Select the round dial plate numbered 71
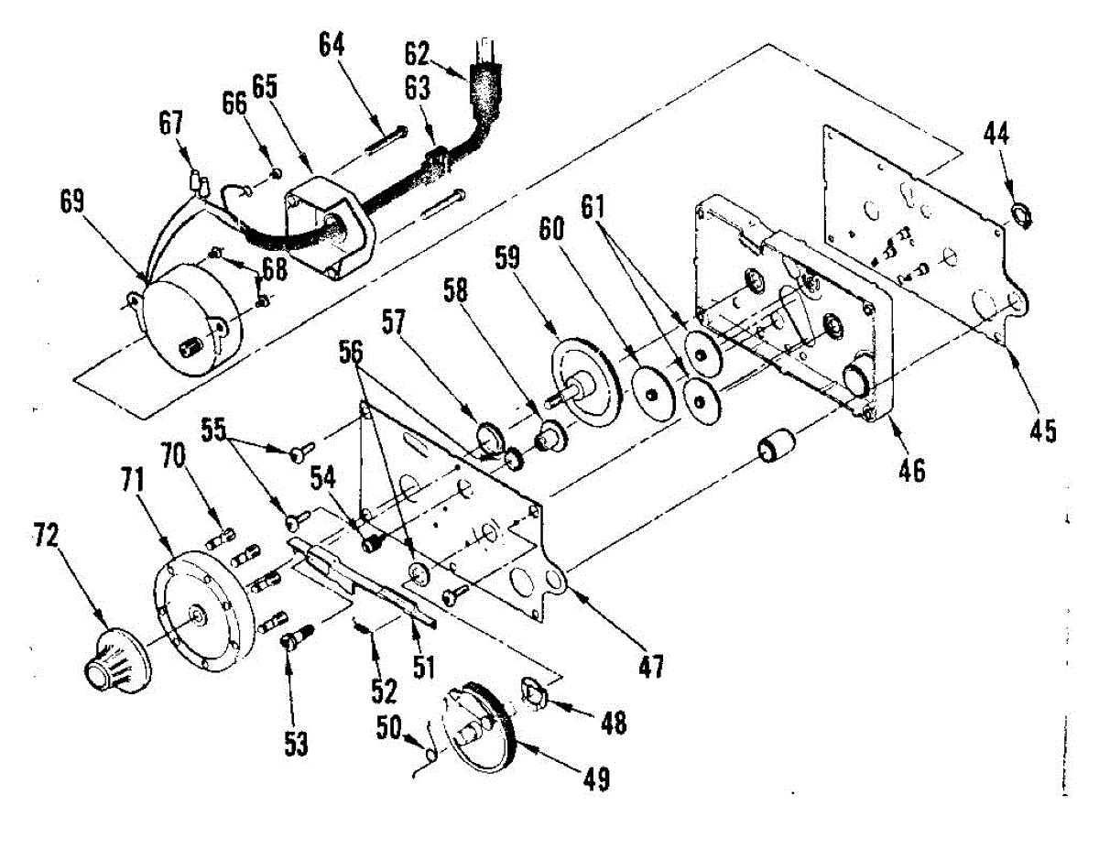(x=199, y=615)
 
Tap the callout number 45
(x=1042, y=429)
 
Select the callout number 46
(x=911, y=472)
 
